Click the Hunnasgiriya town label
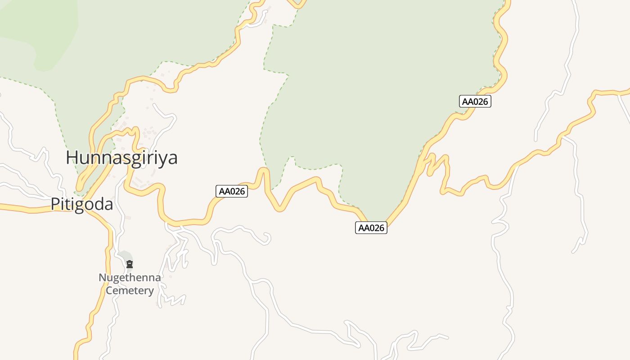(x=121, y=158)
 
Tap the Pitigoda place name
(x=81, y=204)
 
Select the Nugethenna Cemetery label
(x=130, y=283)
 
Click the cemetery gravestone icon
(x=130, y=264)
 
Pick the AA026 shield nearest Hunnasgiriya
(x=232, y=191)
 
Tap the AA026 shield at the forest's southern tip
(x=371, y=228)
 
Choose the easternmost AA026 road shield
(x=475, y=101)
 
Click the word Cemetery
(x=130, y=290)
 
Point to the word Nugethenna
(x=130, y=277)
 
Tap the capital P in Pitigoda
(x=55, y=204)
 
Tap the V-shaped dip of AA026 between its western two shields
(x=279, y=208)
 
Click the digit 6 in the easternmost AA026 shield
(x=485, y=101)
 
